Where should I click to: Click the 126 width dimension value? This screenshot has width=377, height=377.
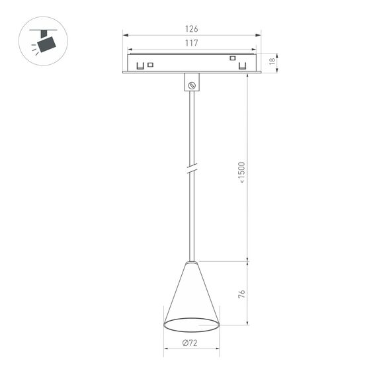(x=192, y=28)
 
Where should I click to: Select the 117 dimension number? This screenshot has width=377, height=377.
(x=192, y=43)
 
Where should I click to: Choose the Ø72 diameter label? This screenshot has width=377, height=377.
(x=191, y=343)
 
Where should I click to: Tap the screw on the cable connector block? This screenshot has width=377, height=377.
(x=192, y=85)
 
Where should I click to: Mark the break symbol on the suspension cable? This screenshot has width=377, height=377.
(x=192, y=169)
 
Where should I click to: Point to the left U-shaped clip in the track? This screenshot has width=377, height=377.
(x=140, y=65)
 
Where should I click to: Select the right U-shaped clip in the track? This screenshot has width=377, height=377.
(x=243, y=66)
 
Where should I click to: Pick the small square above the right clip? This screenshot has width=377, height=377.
(x=233, y=58)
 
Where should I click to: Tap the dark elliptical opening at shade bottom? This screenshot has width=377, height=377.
(x=191, y=325)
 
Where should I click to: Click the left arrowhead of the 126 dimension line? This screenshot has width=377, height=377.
(x=125, y=36)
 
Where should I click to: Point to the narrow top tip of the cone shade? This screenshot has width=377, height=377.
(x=192, y=263)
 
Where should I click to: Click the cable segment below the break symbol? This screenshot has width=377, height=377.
(x=192, y=218)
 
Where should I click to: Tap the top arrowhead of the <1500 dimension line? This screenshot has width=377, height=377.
(x=248, y=75)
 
